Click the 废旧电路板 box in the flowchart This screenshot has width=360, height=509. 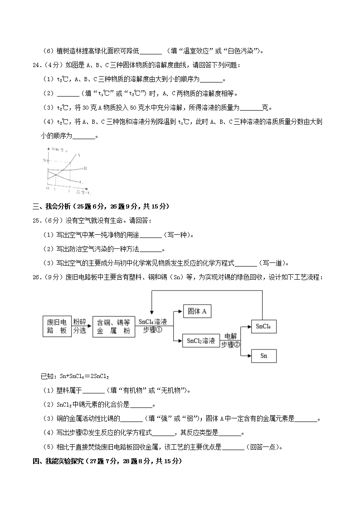57,326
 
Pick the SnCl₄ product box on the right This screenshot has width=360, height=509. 264,326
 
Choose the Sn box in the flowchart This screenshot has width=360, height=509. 264,356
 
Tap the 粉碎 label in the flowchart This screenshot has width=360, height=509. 80,321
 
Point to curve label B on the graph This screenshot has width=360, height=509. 85,168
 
